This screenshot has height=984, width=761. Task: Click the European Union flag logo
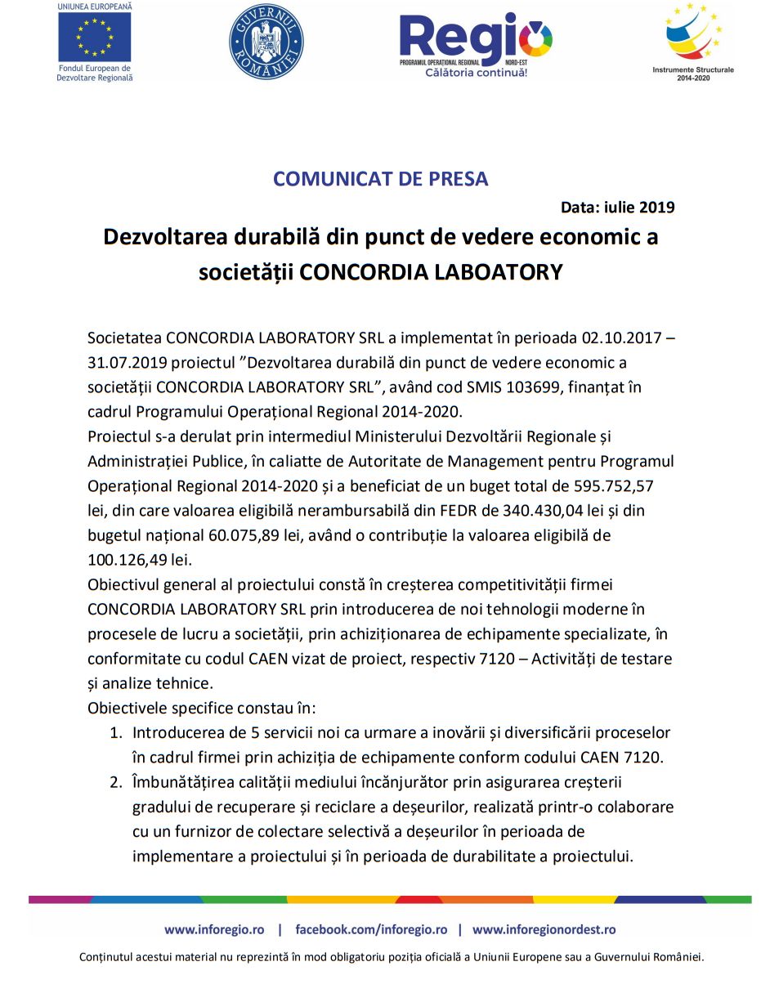click(x=94, y=38)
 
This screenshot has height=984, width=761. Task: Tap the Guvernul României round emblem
click(x=266, y=42)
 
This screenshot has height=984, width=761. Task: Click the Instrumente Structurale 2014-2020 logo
click(x=693, y=37)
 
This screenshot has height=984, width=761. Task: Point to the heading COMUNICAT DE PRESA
click(x=380, y=179)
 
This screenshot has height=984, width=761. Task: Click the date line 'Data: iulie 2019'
click(x=618, y=207)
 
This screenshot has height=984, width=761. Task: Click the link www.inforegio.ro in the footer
click(x=214, y=929)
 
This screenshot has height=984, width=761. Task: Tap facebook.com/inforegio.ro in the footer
click(x=371, y=929)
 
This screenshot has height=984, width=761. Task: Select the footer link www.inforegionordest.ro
click(x=544, y=929)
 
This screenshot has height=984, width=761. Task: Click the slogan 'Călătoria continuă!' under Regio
click(x=476, y=72)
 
